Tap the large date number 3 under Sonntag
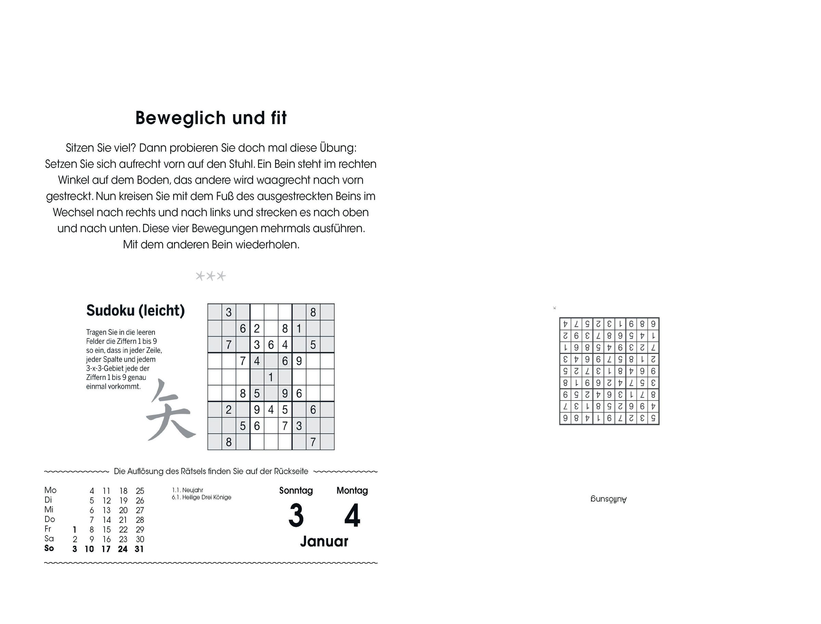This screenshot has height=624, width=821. pyautogui.click(x=296, y=516)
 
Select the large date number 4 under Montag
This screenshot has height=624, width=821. pyautogui.click(x=352, y=516)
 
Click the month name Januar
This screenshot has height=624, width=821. pyautogui.click(x=324, y=542)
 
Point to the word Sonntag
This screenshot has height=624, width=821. pyautogui.click(x=296, y=491)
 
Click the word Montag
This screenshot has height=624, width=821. pyautogui.click(x=352, y=491)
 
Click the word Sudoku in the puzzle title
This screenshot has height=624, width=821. pyautogui.click(x=110, y=311)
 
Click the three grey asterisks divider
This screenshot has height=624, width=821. pyautogui.click(x=210, y=276)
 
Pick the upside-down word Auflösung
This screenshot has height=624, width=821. pyautogui.click(x=609, y=499)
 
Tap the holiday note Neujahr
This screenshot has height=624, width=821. pyautogui.click(x=192, y=490)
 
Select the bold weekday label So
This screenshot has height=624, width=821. pyautogui.click(x=49, y=548)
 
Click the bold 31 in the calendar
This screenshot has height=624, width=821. pyautogui.click(x=139, y=549)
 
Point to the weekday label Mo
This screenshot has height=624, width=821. pyautogui.click(x=50, y=490)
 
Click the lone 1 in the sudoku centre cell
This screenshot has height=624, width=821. pyautogui.click(x=271, y=377)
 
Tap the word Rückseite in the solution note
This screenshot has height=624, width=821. pyautogui.click(x=291, y=471)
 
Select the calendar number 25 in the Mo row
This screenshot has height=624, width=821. pyautogui.click(x=140, y=491)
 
